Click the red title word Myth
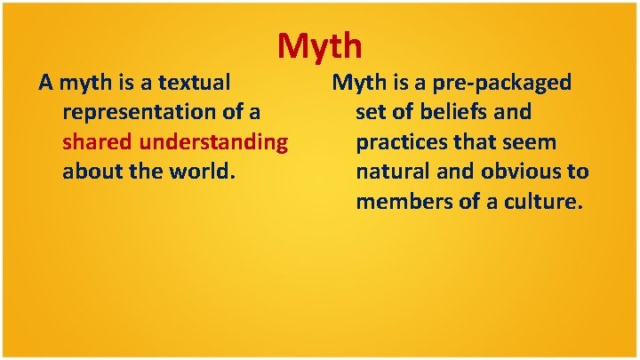click(x=319, y=44)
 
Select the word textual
click(x=194, y=83)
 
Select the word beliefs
click(x=451, y=112)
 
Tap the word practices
click(x=403, y=141)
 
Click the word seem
click(x=531, y=141)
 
